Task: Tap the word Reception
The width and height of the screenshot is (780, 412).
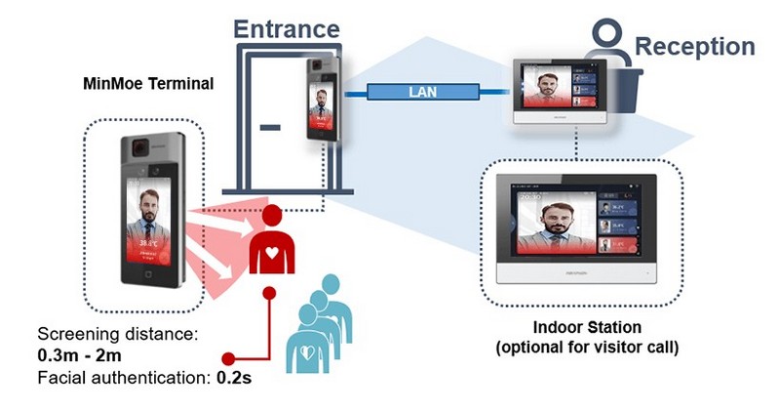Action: [694, 46]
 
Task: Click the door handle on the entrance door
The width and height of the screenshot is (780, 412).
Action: [270, 126]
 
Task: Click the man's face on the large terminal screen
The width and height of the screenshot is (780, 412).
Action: [148, 207]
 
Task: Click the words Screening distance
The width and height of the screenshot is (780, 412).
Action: [117, 333]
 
